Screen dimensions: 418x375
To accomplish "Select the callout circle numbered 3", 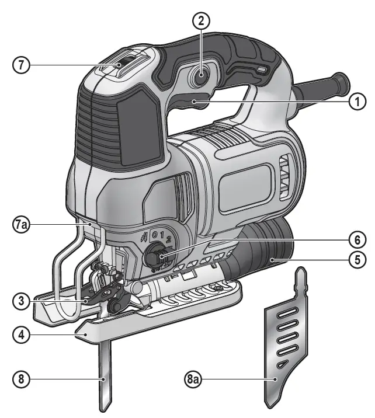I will click(x=21, y=301).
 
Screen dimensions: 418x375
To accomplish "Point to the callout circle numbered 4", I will click(x=21, y=336).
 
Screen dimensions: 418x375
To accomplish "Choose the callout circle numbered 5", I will click(x=354, y=259).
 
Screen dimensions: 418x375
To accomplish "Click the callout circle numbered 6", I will click(x=354, y=239).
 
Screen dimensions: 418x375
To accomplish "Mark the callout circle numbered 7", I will click(x=21, y=65).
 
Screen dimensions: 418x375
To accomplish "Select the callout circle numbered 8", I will click(x=21, y=379).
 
